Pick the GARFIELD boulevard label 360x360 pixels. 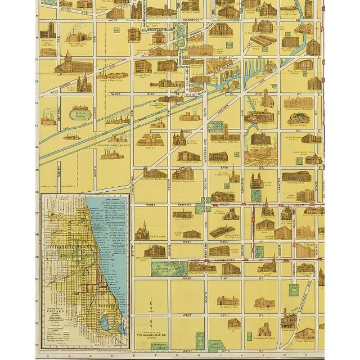(254, 205)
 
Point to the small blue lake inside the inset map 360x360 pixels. (105, 322)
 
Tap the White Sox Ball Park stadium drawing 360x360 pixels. (299, 119)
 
